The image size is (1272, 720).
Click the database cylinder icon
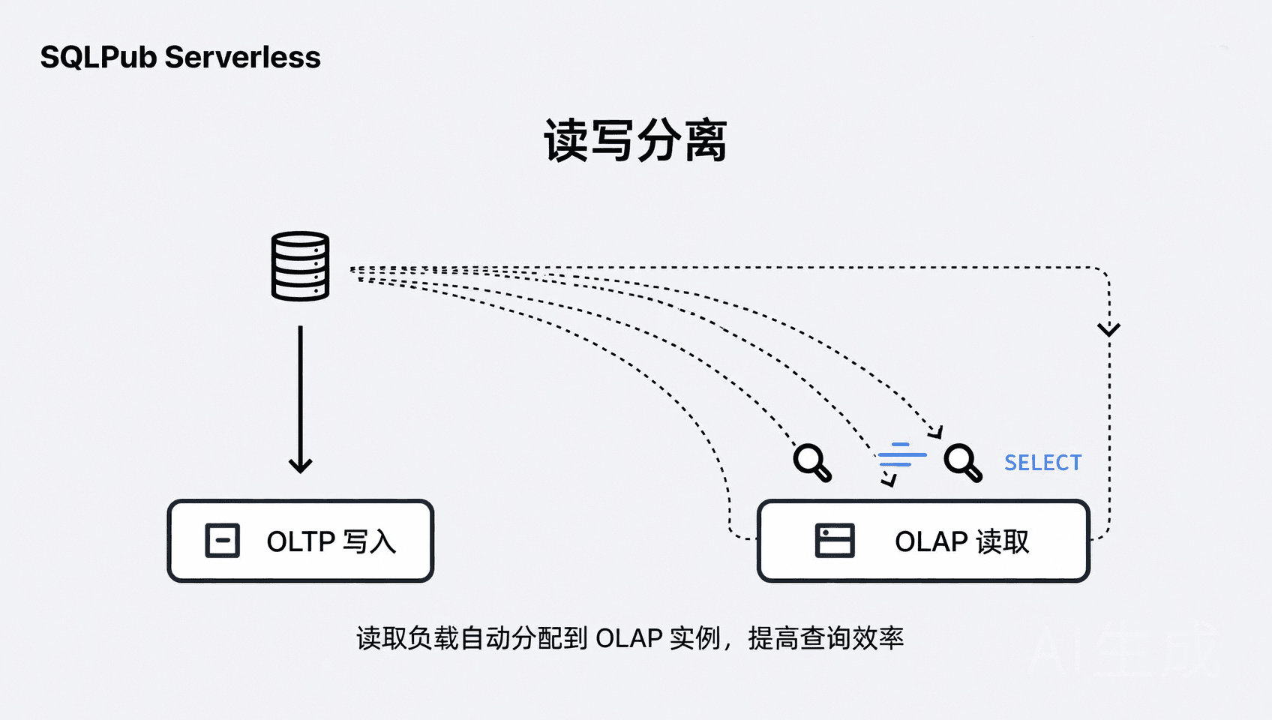point(300,266)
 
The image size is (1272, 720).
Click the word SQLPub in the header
point(98,58)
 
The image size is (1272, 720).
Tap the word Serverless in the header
point(242,58)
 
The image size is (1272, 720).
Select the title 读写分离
point(635,140)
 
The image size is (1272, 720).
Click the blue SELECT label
point(1042,463)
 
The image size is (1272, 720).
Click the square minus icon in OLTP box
point(223,541)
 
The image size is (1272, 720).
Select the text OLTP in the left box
point(301,541)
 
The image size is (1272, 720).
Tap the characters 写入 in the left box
point(369,541)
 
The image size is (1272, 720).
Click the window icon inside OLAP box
point(835,541)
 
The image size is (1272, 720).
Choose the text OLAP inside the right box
point(931,541)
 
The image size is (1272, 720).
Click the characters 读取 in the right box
point(1003,541)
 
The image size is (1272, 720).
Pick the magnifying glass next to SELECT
point(962,462)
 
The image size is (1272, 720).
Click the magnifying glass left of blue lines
point(811,462)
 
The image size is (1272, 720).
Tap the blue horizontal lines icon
point(902,454)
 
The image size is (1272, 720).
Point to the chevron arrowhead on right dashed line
point(1108,329)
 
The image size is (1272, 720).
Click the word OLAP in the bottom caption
point(628,639)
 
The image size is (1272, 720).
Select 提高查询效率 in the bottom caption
point(826,639)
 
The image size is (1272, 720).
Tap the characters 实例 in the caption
point(695,639)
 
